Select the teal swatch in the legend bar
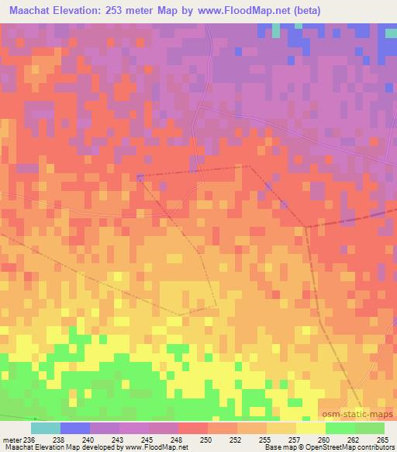point(46,429)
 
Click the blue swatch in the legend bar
point(75,429)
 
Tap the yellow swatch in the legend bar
point(311,429)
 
